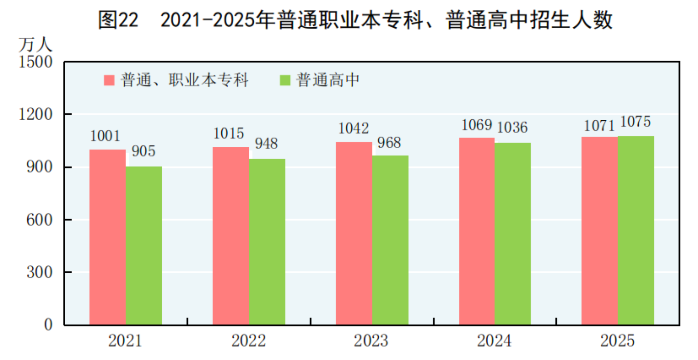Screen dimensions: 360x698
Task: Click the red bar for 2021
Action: [x=108, y=237]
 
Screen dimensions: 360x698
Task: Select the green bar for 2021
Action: [x=144, y=246]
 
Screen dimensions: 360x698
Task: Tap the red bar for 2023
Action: [x=354, y=233]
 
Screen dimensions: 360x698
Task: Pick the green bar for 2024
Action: [x=513, y=234]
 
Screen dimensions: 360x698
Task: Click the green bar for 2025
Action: [x=636, y=230]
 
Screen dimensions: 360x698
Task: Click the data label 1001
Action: [x=105, y=136]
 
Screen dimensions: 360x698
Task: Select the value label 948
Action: [x=266, y=143]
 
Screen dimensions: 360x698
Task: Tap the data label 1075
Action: [x=635, y=122]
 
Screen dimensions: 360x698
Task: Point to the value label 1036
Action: [x=512, y=127]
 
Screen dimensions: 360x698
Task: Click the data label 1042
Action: [x=354, y=128]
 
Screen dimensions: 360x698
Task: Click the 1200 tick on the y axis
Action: [x=36, y=115]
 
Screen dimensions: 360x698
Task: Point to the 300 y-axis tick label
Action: [x=40, y=272]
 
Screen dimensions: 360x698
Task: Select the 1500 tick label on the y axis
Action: [x=36, y=62]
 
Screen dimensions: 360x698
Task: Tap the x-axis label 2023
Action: [x=371, y=341]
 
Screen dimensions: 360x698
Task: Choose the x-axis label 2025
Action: [x=617, y=341]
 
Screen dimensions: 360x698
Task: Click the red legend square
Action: [x=109, y=80]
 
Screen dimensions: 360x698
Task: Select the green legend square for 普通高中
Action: [x=285, y=80]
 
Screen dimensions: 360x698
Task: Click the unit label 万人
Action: [x=35, y=45]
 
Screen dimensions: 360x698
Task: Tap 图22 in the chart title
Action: [x=118, y=20]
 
